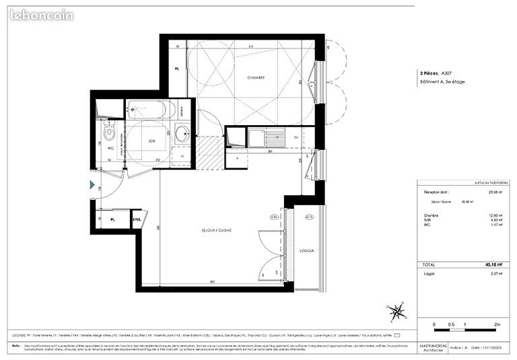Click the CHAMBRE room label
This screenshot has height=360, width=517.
tap(255, 77)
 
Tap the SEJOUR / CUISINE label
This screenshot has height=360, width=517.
tap(216, 231)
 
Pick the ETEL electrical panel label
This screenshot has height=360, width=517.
tap(137, 219)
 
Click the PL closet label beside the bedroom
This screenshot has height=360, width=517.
tap(176, 69)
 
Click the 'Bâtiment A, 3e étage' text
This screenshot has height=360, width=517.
tap(441, 81)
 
